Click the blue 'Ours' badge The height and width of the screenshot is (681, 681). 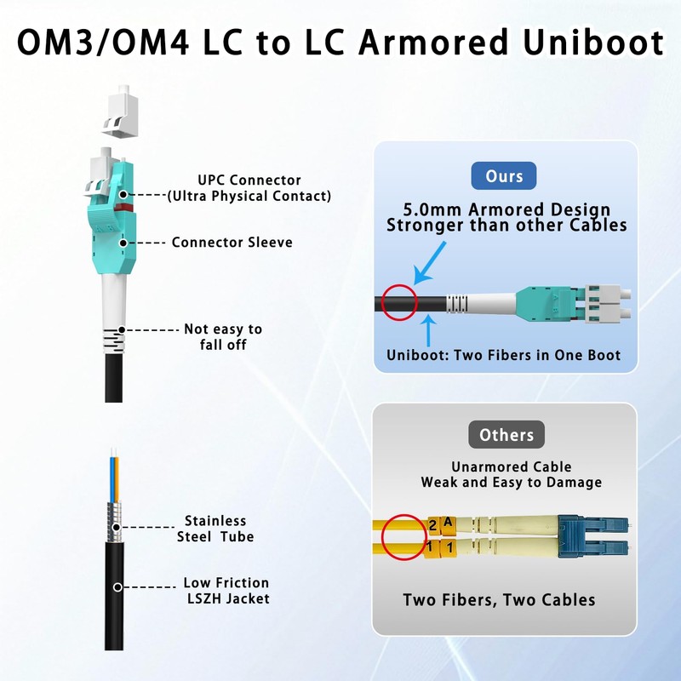[x=504, y=176]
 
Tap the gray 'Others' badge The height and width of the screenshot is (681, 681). [x=506, y=435]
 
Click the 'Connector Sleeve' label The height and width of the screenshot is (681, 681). [x=232, y=243]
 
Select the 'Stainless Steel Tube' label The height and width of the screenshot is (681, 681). [x=215, y=529]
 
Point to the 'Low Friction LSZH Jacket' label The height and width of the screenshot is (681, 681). [x=226, y=591]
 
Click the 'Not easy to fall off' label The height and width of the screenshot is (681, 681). [x=223, y=336]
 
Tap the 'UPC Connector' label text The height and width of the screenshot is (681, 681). [x=249, y=180]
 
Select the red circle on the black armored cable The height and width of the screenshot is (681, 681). [x=399, y=285]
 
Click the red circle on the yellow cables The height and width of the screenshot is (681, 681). [x=403, y=516]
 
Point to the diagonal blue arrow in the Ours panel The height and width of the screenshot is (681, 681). [x=429, y=264]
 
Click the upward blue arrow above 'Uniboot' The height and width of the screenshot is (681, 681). [x=429, y=330]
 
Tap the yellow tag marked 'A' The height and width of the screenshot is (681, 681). [x=448, y=524]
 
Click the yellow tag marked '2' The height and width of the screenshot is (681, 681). [x=432, y=525]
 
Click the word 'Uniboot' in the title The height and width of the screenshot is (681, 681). [x=593, y=43]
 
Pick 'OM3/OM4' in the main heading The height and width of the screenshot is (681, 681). [x=103, y=43]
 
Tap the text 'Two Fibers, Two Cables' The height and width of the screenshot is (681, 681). [x=499, y=600]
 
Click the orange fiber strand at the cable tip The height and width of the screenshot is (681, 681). [x=117, y=479]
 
